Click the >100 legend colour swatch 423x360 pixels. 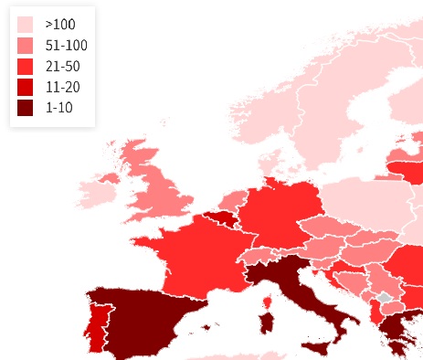(x=26, y=25)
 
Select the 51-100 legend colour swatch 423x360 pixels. (x=26, y=46)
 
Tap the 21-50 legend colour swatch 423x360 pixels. (x=26, y=66)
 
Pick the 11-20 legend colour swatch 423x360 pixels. (x=26, y=87)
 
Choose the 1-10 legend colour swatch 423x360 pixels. (x=26, y=108)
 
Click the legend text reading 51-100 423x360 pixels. (x=66, y=46)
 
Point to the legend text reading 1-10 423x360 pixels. (x=58, y=108)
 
